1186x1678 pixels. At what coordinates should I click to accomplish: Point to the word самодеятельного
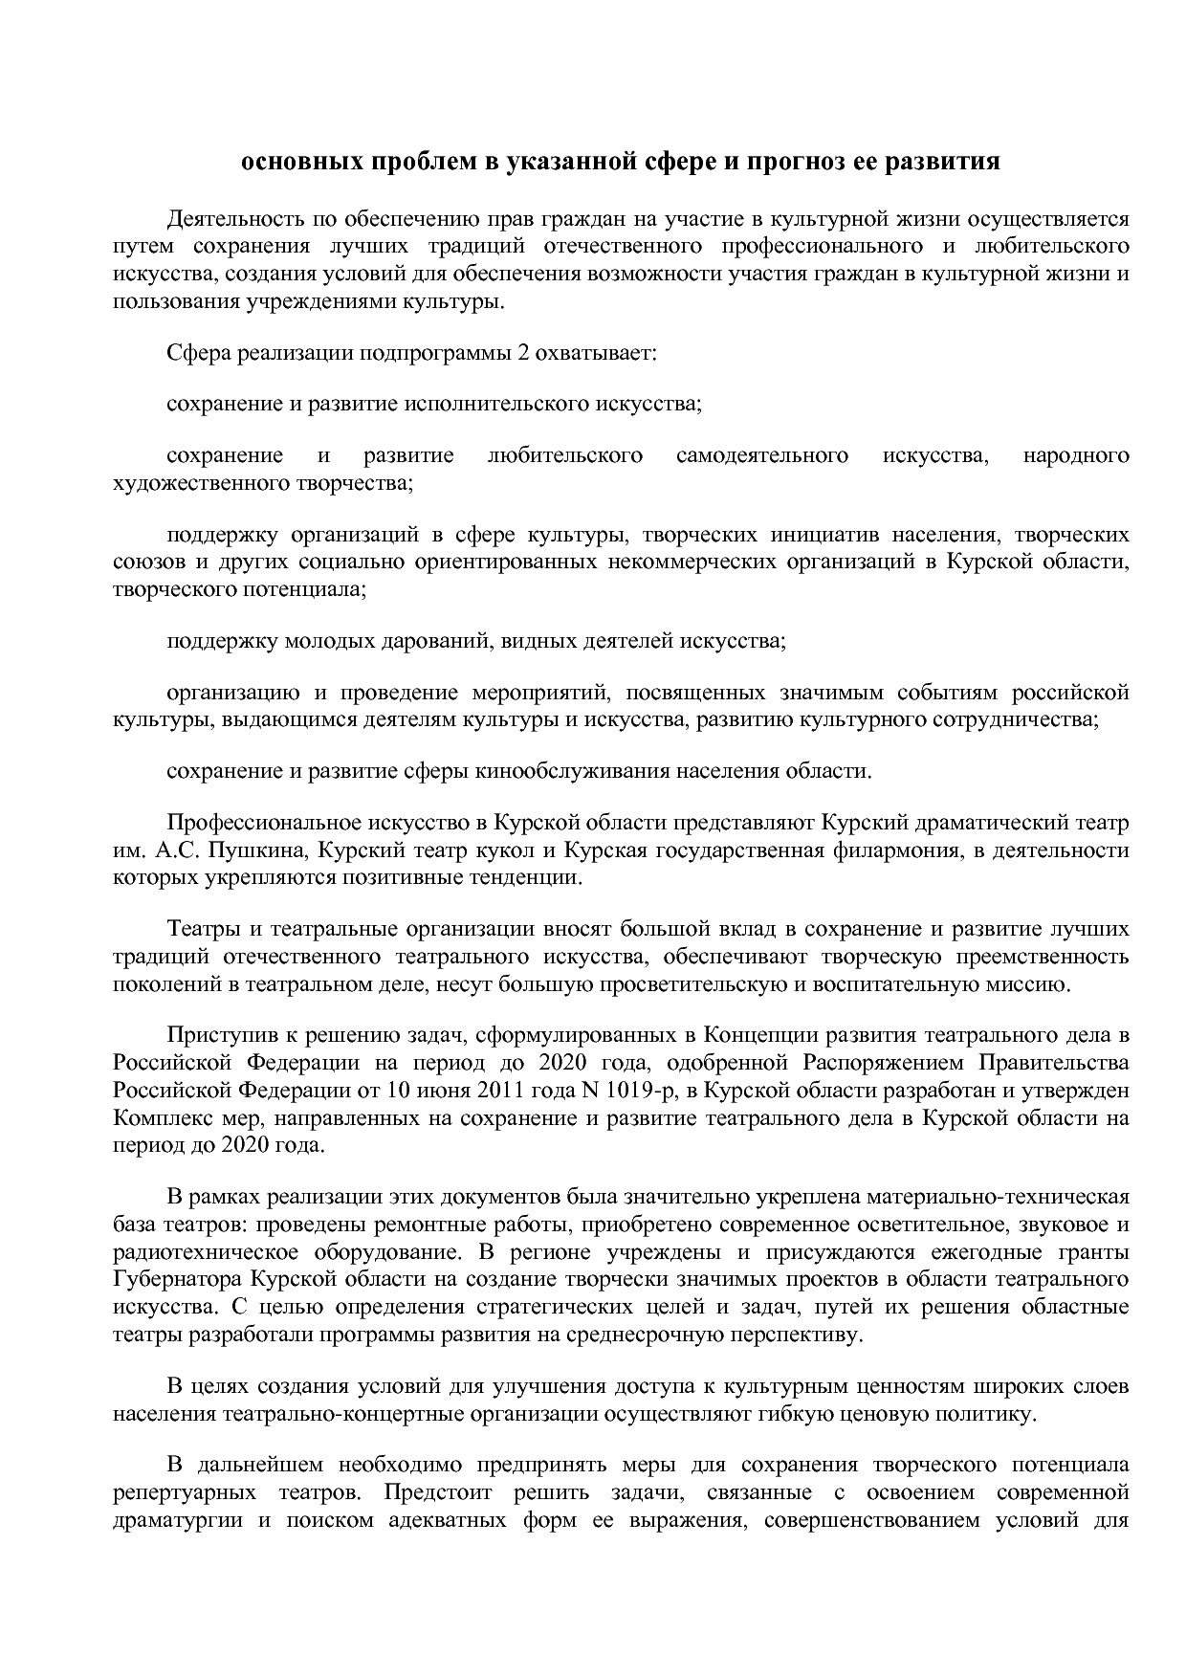click(x=761, y=455)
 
